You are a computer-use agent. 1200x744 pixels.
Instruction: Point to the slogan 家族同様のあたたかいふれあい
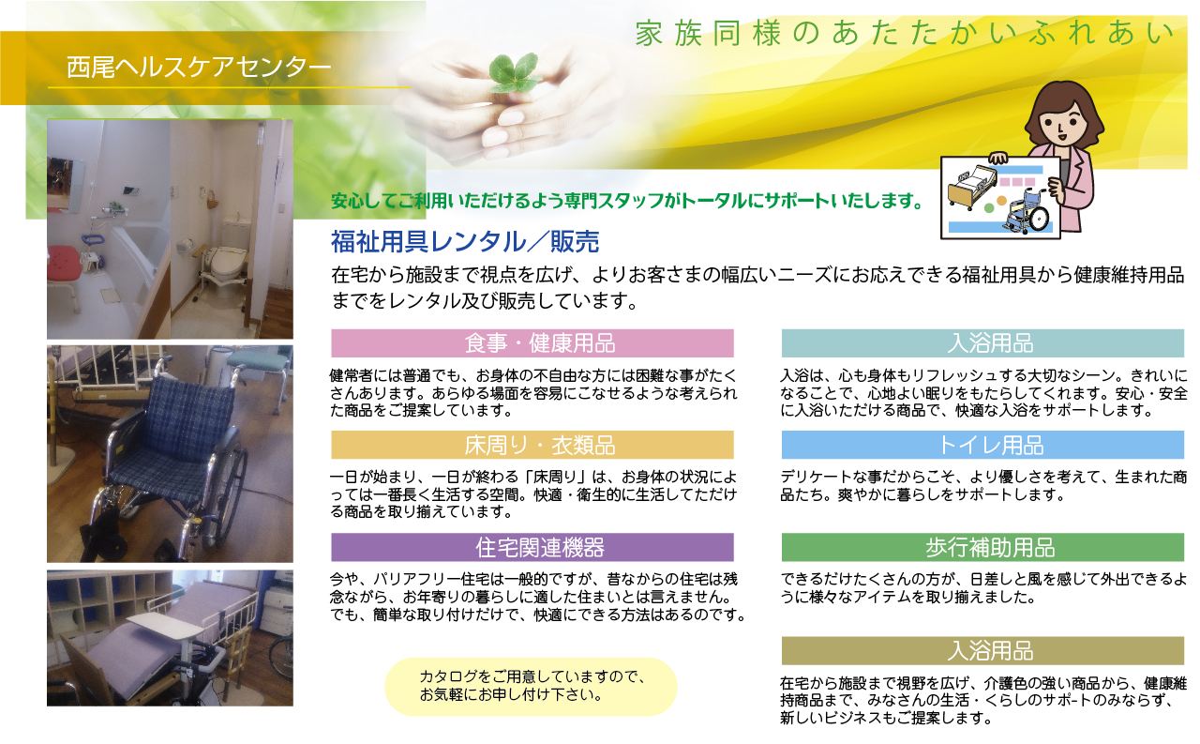[905, 33]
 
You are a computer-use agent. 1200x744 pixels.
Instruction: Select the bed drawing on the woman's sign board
[972, 188]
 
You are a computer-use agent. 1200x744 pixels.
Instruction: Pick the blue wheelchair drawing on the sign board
[1027, 212]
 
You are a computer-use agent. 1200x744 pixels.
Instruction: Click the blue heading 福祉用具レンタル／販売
[465, 241]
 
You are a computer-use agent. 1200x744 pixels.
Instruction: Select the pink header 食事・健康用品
[532, 343]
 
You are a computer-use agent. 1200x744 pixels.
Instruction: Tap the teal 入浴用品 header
[982, 343]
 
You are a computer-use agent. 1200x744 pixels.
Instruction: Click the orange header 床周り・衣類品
[532, 445]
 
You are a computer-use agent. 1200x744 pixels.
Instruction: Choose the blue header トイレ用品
[982, 445]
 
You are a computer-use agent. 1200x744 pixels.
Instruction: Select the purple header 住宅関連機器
[532, 547]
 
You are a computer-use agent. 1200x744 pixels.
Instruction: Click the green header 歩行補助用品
[982, 547]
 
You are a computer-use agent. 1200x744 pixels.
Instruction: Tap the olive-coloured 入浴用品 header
[982, 651]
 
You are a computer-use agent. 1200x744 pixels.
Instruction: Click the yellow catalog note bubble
[531, 687]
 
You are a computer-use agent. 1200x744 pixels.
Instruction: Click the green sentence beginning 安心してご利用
[627, 201]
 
